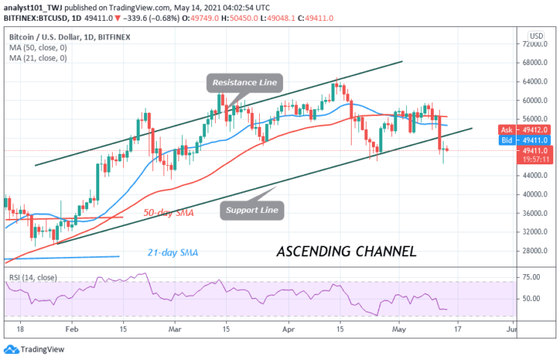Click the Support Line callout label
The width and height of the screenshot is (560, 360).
pos(253,211)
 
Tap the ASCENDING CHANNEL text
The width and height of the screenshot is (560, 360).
pos(346,251)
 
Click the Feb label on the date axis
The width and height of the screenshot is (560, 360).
pos(72,328)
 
